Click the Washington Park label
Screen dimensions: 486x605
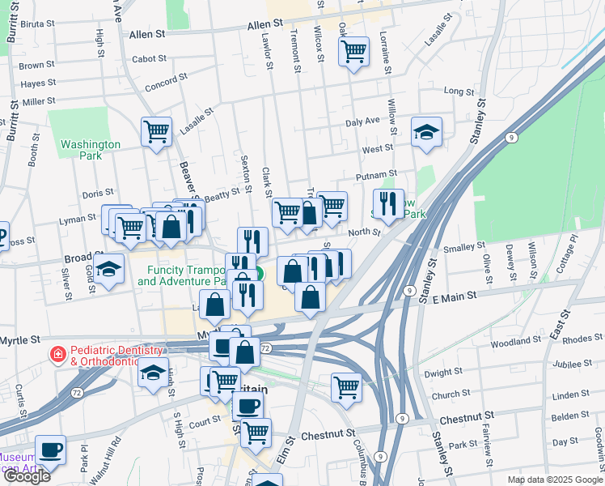[91, 150]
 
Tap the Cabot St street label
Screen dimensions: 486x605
[149, 59]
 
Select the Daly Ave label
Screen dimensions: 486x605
[362, 122]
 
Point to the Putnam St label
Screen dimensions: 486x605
[377, 175]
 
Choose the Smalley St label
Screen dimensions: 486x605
[463, 245]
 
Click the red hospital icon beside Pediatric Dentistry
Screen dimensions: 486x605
[57, 355]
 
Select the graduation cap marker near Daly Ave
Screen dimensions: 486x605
[426, 132]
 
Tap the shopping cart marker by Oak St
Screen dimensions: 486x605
[353, 52]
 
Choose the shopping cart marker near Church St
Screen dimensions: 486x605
[346, 387]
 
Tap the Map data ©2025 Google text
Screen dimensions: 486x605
[554, 480]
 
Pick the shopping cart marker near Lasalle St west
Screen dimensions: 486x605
[156, 130]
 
